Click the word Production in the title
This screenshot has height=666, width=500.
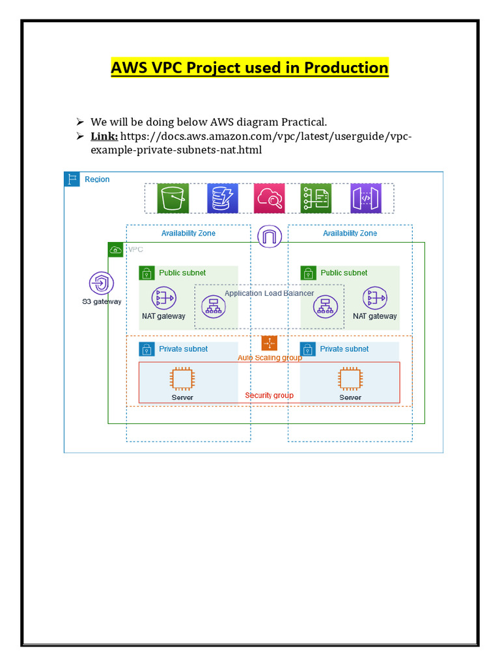[344, 68]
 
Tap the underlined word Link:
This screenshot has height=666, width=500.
[104, 136]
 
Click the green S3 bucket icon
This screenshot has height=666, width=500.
[173, 198]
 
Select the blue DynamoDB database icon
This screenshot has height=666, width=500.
[223, 198]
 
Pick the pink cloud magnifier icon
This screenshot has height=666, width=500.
[270, 198]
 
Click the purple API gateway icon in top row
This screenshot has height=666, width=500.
[365, 198]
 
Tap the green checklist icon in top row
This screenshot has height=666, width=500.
[316, 198]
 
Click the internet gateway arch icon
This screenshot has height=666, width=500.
[269, 236]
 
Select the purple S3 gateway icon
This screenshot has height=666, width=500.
[102, 284]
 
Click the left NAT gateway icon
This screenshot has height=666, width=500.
[163, 299]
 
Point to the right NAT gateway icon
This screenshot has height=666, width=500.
[375, 299]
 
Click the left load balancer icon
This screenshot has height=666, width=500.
[213, 306]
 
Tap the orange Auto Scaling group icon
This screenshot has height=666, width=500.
[269, 343]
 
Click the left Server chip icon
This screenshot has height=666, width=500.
[182, 379]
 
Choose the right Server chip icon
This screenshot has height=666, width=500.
[350, 379]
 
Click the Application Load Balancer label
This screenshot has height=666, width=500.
[269, 293]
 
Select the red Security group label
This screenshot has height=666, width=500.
[269, 395]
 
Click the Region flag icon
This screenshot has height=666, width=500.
[72, 180]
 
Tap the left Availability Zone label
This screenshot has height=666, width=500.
[188, 233]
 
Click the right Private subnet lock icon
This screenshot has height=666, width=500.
[308, 349]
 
